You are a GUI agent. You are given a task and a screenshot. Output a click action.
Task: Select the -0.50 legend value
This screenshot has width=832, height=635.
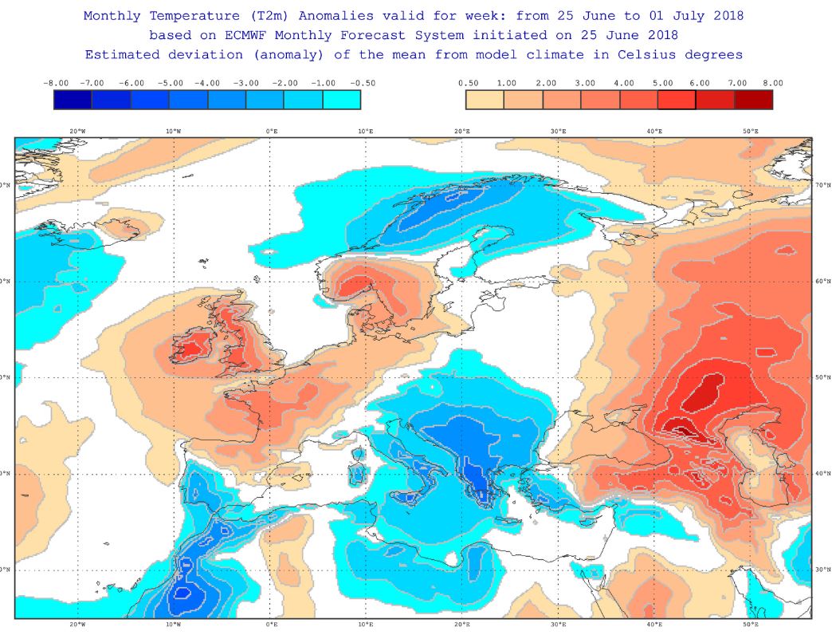(x=362, y=83)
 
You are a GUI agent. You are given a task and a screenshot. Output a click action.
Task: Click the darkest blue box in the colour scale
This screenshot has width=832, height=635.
(x=73, y=100)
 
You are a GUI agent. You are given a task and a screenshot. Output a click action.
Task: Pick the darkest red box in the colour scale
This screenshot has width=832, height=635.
(x=753, y=100)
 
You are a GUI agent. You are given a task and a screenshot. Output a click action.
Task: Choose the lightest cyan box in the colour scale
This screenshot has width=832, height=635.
(x=342, y=100)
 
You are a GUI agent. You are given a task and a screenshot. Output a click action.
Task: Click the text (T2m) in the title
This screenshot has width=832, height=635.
(x=265, y=15)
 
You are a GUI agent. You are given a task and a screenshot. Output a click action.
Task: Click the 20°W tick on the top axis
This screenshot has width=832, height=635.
(x=77, y=131)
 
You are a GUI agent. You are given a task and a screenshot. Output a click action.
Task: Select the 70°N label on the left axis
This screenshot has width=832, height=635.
(x=6, y=185)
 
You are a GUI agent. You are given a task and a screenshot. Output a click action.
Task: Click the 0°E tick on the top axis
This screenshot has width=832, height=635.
(x=271, y=131)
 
